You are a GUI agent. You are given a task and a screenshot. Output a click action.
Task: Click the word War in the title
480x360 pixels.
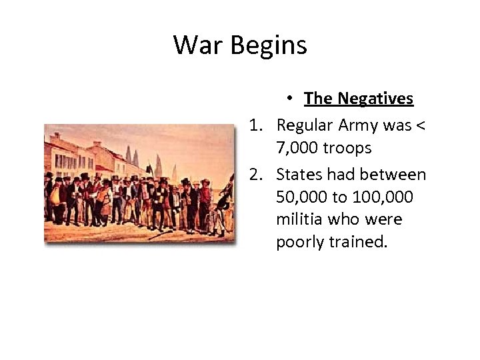click(x=194, y=45)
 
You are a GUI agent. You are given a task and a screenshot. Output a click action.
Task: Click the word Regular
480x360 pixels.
click(x=304, y=125)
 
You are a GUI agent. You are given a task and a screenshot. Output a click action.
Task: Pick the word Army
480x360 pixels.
click(x=360, y=125)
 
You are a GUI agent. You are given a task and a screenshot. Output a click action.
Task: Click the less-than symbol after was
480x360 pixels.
click(x=421, y=125)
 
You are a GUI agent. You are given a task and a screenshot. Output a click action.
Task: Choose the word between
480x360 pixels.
click(x=392, y=175)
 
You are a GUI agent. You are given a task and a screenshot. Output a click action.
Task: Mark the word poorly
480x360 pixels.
click(x=301, y=242)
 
